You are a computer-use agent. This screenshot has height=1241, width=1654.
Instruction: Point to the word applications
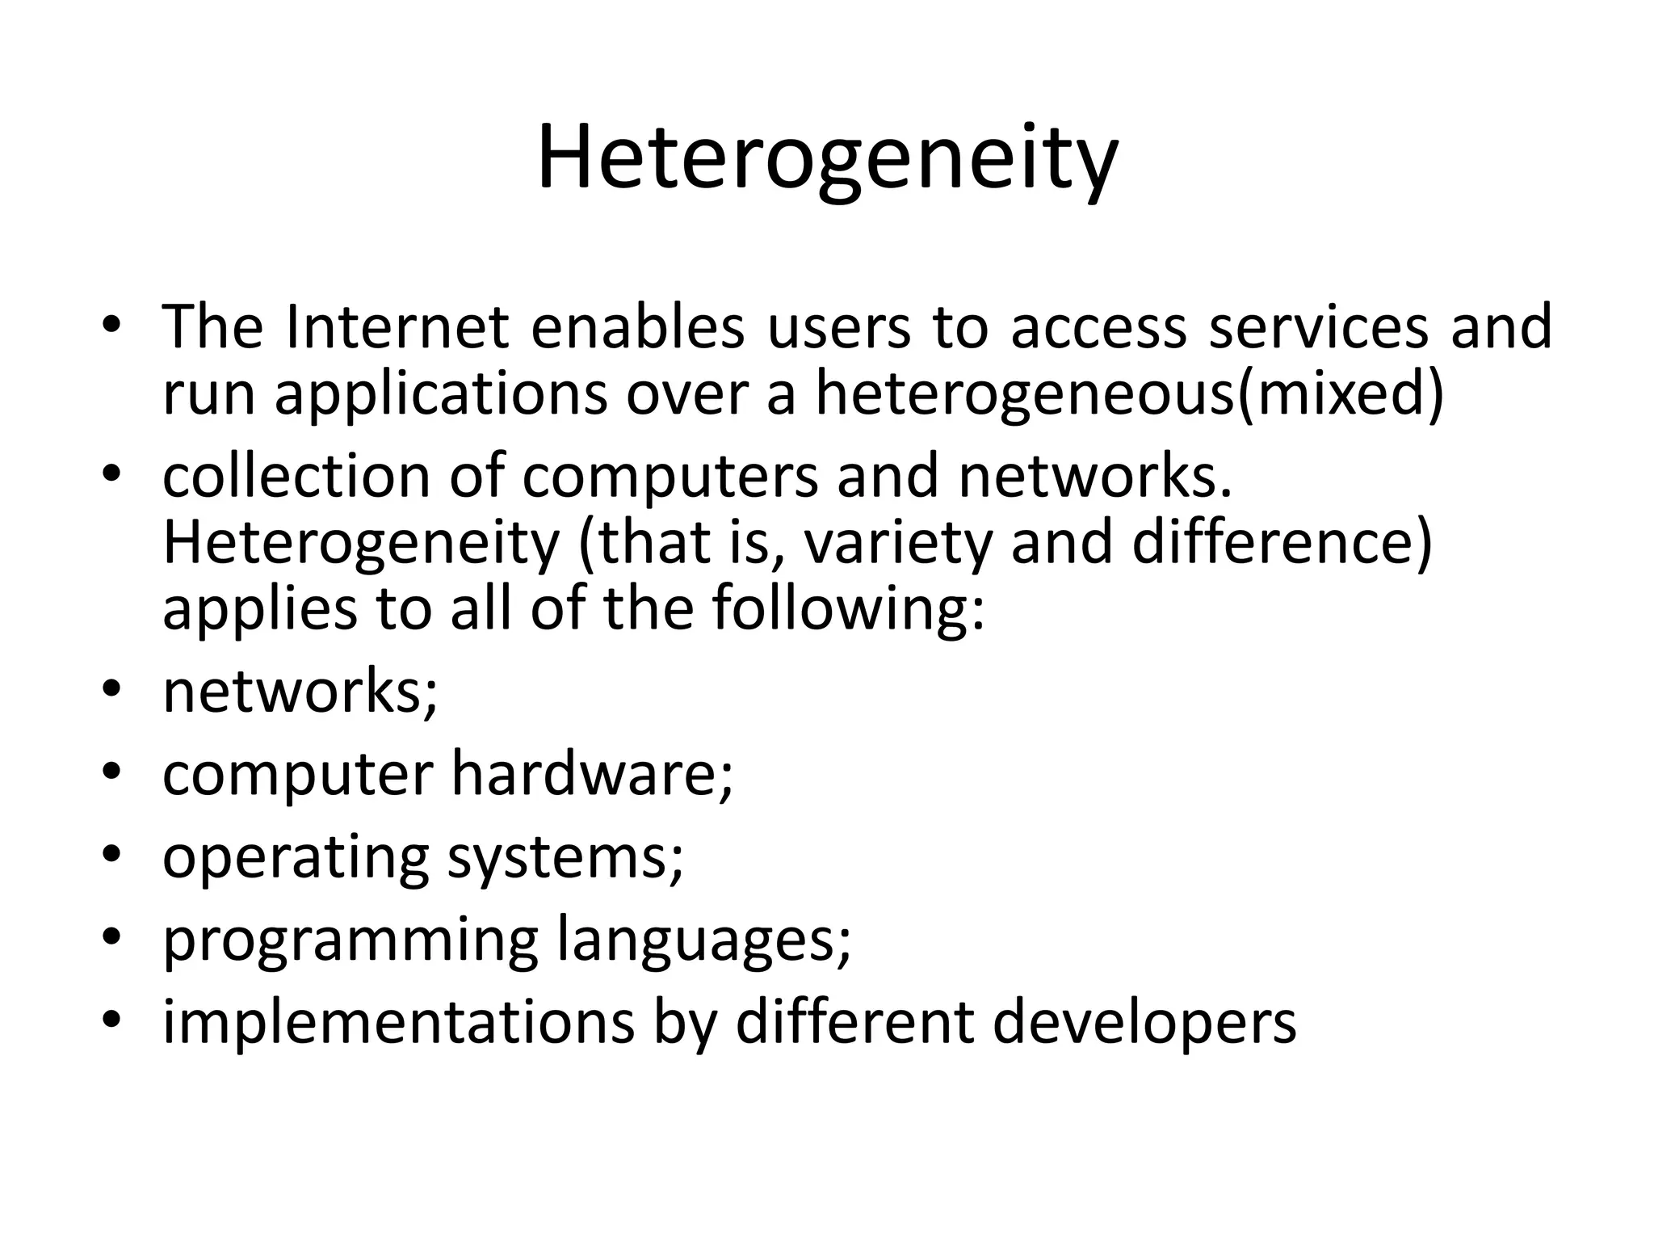[x=440, y=396]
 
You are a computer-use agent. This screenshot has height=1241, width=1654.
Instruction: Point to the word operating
[x=296, y=858]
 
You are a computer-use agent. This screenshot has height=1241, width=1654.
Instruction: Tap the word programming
[x=350, y=942]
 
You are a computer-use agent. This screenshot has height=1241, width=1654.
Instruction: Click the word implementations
[x=398, y=1023]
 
